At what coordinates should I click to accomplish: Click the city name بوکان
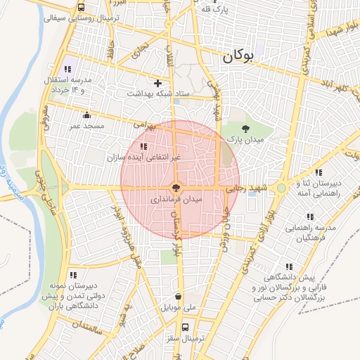click(x=246, y=59)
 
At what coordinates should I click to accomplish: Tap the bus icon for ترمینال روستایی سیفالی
click(x=82, y=8)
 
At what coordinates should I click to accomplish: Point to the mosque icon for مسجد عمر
click(x=86, y=115)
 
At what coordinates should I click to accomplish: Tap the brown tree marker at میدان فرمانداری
click(x=176, y=188)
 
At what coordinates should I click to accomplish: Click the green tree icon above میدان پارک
click(x=245, y=129)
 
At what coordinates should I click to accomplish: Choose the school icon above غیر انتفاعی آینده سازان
click(x=144, y=146)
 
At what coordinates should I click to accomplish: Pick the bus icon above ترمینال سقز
click(x=185, y=327)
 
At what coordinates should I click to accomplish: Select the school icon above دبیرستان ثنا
click(x=319, y=172)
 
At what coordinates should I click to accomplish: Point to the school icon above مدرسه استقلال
click(x=67, y=69)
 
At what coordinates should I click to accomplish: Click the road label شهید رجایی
click(x=242, y=188)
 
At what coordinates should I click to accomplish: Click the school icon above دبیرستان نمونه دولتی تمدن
click(x=72, y=275)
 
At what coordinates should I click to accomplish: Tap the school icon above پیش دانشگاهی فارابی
click(x=290, y=266)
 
